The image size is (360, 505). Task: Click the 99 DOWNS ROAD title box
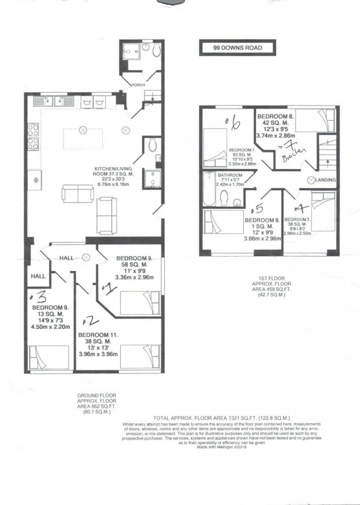point(238,48)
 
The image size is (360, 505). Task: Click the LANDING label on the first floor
point(327,180)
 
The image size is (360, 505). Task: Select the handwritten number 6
point(235,123)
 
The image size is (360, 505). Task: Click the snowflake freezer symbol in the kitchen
point(35,181)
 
